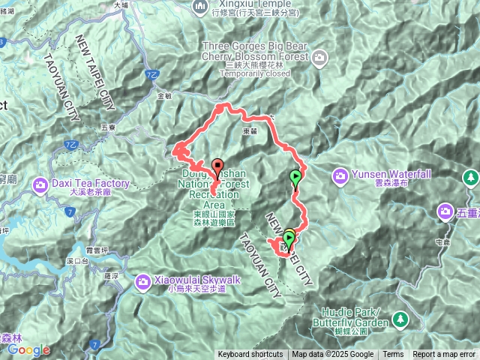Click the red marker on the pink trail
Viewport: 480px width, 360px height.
tap(217, 166)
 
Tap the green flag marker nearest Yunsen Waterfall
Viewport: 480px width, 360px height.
tap(295, 178)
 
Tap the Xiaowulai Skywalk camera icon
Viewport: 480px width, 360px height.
tap(142, 280)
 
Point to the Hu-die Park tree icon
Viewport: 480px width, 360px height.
tap(400, 319)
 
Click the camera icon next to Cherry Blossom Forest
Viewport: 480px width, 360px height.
tap(320, 56)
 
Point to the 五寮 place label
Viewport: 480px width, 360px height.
tap(108, 127)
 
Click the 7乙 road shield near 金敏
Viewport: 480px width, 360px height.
tap(153, 76)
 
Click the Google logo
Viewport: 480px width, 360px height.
tap(28, 349)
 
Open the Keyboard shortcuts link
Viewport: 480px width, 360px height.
tap(250, 355)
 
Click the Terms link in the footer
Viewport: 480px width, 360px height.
tap(393, 355)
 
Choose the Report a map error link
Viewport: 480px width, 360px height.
tap(444, 355)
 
